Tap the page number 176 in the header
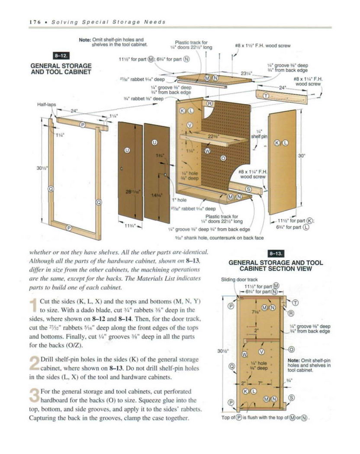point(35,22)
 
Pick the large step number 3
point(34,396)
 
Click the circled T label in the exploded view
point(266,95)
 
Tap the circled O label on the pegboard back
point(223,158)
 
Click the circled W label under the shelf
point(207,151)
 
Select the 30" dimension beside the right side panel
point(302,157)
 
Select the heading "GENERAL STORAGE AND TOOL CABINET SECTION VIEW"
point(276,265)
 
